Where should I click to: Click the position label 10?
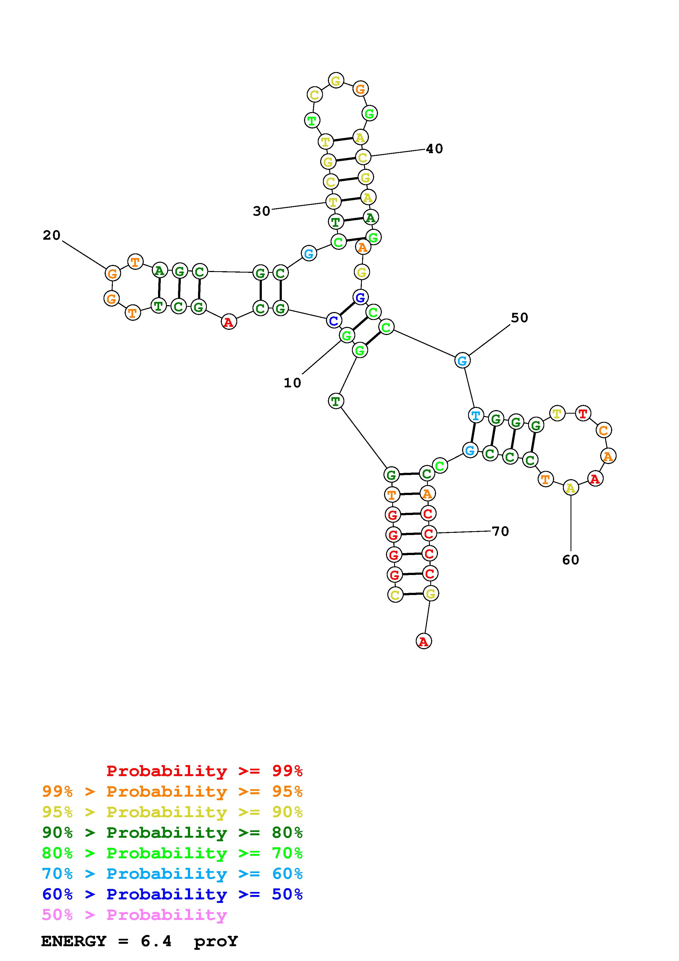tap(292, 382)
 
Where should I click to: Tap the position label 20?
tap(51, 235)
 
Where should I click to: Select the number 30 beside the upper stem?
tap(262, 211)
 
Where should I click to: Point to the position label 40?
tap(434, 148)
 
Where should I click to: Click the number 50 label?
tap(519, 318)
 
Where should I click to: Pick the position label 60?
tap(570, 560)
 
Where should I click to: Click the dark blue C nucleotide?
tap(333, 321)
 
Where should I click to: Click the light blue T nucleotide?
tap(476, 416)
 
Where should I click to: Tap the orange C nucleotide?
tap(603, 430)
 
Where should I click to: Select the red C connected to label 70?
tap(428, 533)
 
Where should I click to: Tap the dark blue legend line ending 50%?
tap(172, 894)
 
